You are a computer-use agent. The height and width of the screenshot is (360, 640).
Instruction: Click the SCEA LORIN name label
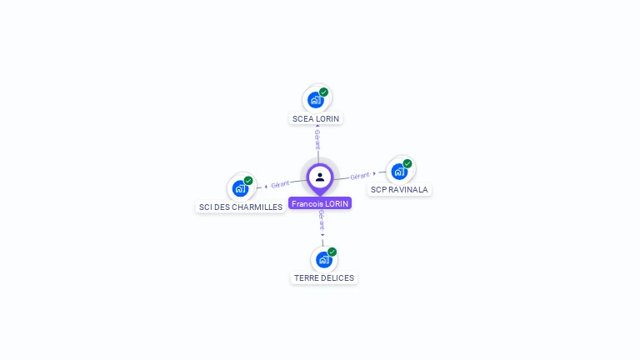click(x=316, y=118)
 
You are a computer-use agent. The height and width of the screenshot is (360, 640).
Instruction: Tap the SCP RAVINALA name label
click(x=399, y=189)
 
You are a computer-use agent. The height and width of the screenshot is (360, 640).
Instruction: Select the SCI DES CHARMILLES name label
click(x=240, y=207)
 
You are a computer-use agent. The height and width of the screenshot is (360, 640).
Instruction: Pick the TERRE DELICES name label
click(x=324, y=277)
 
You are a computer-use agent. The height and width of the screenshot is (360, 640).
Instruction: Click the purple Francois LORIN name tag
click(x=320, y=203)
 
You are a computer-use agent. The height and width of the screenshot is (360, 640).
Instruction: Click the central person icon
click(x=320, y=177)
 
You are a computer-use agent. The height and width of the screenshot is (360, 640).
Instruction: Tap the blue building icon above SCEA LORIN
click(x=315, y=100)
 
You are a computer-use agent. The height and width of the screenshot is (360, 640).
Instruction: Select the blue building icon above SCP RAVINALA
click(x=399, y=172)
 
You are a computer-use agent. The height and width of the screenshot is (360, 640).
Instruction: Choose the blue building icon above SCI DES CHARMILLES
click(x=240, y=188)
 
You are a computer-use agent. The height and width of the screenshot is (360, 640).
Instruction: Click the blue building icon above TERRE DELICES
click(x=323, y=259)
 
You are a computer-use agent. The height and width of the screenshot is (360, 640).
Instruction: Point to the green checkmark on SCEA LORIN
click(x=323, y=92)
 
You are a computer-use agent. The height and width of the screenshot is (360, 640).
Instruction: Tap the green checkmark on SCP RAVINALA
click(x=407, y=164)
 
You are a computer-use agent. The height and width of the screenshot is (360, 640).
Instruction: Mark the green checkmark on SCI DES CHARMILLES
click(x=248, y=181)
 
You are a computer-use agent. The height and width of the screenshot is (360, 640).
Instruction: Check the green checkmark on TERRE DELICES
click(x=332, y=252)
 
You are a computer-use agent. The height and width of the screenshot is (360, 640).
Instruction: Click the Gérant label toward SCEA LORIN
click(x=317, y=139)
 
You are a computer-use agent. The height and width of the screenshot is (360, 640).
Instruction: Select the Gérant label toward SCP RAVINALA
click(x=359, y=176)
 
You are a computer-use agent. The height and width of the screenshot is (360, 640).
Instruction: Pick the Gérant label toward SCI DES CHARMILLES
click(x=280, y=184)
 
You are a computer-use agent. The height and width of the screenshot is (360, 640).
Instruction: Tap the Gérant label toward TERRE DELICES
click(x=322, y=219)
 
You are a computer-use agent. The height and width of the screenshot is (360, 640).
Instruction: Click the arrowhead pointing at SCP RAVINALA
click(x=374, y=174)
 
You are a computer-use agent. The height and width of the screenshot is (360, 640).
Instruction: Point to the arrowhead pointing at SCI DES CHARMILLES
click(x=266, y=186)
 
